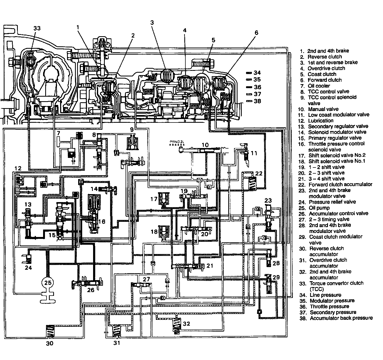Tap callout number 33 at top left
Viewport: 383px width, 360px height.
click(37, 28)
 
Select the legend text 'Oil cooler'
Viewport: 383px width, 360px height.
click(319, 86)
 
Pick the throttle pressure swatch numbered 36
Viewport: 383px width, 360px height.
click(249, 87)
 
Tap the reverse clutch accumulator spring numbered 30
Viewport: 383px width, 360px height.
click(50, 332)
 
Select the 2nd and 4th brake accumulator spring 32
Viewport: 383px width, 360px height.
click(176, 324)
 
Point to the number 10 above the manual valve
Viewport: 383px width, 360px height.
click(205, 145)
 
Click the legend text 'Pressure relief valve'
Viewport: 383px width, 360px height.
click(332, 202)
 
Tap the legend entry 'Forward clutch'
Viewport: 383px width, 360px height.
click(324, 80)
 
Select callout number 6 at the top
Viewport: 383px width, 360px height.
click(256, 33)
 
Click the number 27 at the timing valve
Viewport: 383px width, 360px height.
click(146, 279)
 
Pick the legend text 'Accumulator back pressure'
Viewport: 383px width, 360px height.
click(341, 318)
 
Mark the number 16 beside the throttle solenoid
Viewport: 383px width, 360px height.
click(101, 222)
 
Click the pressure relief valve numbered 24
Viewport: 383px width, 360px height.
click(28, 258)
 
